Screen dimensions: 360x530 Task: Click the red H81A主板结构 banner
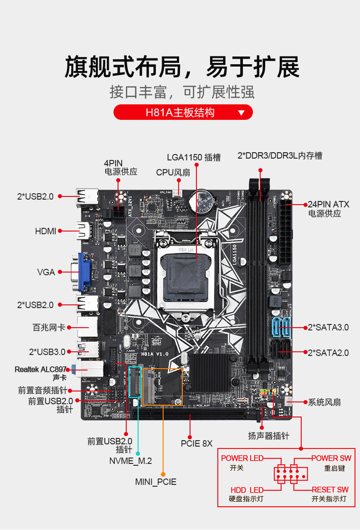183,112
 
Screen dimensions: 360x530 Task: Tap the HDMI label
46,231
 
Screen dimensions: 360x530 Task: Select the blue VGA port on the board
85,272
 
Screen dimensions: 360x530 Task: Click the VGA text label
46,272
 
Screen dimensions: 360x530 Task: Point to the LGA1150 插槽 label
193,158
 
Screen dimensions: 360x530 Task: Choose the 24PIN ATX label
328,204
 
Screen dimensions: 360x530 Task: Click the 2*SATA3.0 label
328,327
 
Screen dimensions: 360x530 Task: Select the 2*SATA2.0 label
328,352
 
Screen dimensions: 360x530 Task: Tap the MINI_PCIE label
155,482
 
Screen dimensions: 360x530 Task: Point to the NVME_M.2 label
130,461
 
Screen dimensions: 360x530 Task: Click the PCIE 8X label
197,443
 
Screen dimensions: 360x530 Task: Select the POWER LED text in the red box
242,458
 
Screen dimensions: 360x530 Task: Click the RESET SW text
330,489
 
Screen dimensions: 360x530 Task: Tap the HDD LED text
247,489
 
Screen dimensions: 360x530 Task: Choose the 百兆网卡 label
49,327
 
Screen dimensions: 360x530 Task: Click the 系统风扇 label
324,402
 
